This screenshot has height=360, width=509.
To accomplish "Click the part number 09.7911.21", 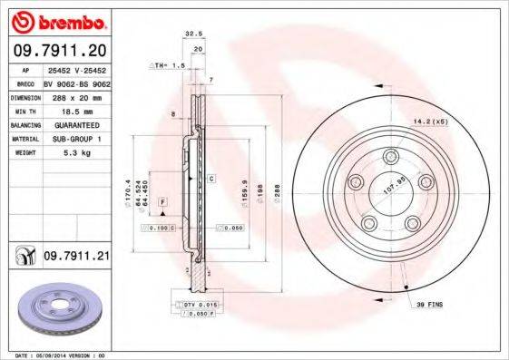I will tap(75, 258).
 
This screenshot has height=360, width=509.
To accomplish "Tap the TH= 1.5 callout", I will tap(168, 67).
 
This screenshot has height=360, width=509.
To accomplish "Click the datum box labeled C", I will tap(210, 179).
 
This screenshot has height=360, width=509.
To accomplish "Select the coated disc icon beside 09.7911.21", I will tap(21, 258).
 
